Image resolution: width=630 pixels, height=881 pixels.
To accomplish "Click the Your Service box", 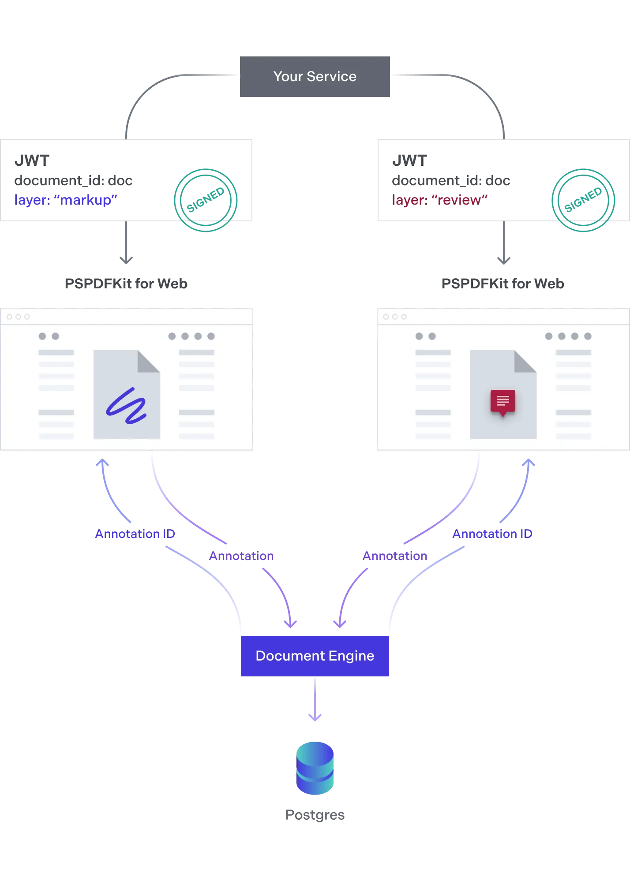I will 315,77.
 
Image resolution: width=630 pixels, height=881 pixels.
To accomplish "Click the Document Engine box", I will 315,656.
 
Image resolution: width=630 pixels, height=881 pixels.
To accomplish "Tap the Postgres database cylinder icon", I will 315,768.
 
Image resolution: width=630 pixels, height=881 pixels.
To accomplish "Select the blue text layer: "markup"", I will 66,200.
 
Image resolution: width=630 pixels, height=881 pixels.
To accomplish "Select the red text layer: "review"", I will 441,200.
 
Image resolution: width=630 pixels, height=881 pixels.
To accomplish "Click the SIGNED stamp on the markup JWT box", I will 206,199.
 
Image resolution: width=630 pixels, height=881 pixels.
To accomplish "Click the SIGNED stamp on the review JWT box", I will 584,199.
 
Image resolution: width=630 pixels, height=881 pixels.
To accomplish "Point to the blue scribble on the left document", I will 127,406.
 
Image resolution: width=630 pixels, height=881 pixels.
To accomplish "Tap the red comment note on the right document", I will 502,402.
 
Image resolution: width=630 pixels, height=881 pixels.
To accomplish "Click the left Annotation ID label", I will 135,534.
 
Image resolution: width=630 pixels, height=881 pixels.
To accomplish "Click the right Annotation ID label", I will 492,534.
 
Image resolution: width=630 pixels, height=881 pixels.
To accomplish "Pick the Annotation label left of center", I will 242,556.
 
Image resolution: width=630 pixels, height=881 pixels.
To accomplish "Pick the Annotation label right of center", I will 395,556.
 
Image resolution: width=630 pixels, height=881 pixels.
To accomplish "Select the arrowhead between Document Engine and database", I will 315,717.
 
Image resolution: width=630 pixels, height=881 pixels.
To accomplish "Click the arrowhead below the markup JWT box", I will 125,259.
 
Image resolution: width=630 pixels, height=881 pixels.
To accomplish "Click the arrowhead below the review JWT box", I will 502,259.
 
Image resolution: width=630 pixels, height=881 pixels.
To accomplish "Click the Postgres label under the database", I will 315,816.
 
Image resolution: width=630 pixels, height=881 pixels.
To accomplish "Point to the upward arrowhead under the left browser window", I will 102,463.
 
